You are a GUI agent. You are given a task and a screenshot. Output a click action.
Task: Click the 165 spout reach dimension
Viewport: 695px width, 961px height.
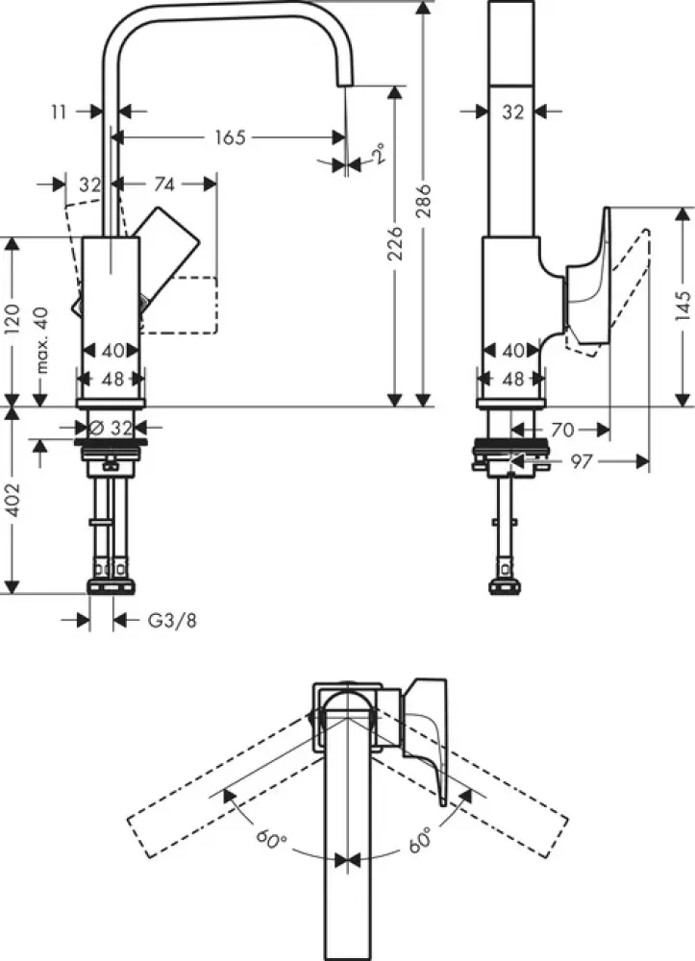[229, 137]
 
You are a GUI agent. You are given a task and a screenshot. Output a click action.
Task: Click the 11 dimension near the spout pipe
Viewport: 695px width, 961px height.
[61, 111]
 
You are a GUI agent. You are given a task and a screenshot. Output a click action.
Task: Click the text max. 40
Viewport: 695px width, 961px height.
[40, 340]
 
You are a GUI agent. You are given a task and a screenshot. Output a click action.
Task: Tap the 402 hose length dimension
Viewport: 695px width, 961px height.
[12, 500]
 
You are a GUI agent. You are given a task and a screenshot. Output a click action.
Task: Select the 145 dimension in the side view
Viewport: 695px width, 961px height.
[683, 306]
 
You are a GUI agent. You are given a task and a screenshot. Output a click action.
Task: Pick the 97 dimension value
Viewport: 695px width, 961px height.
[581, 462]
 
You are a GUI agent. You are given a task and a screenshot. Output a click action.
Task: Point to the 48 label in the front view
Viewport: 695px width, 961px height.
[112, 379]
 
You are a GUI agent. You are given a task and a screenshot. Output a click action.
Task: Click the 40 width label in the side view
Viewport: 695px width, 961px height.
[512, 351]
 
